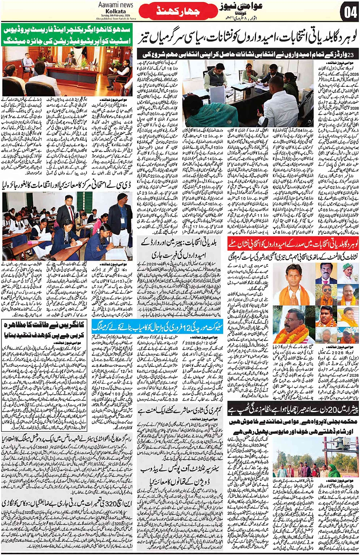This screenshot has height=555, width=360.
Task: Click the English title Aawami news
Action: [115, 5]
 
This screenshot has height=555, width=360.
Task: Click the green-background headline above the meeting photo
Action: [67, 35]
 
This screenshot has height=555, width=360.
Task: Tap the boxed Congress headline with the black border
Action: [44, 330]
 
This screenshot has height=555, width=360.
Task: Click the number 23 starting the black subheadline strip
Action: [352, 54]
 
